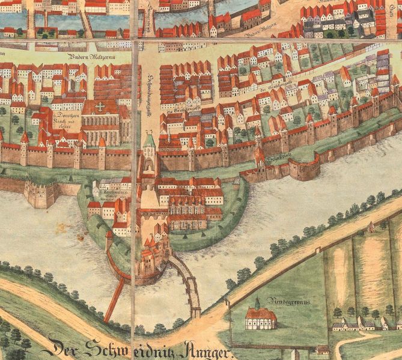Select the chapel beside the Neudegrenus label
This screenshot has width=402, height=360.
[260, 317]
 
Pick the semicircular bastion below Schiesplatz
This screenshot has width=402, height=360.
[306, 168]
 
